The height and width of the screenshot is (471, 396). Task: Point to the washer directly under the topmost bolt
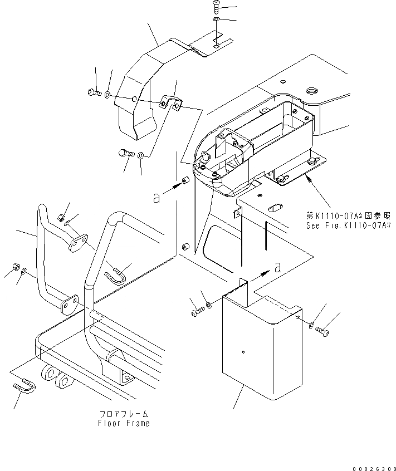tap(216, 20)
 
